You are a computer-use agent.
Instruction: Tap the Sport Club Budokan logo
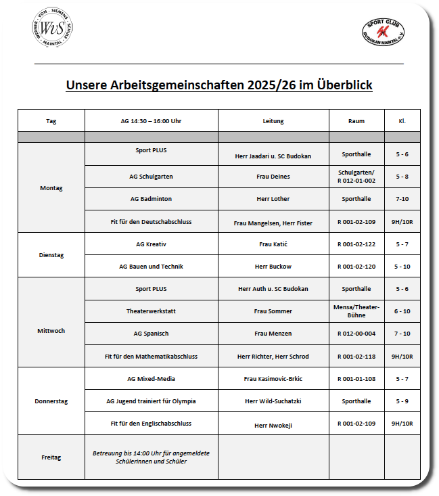pyautogui.click(x=384, y=31)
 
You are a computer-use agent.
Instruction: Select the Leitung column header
pyautogui.click(x=273, y=121)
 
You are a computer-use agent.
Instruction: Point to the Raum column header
pyautogui.click(x=356, y=121)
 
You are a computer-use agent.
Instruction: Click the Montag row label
pyautogui.click(x=51, y=187)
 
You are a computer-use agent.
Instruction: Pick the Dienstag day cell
pyautogui.click(x=51, y=255)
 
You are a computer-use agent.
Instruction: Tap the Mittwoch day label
pyautogui.click(x=51, y=331)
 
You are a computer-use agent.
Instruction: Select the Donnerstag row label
pyautogui.click(x=51, y=401)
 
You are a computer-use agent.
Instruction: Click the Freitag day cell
pyautogui.click(x=51, y=457)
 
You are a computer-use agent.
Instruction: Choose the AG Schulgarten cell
pyautogui.click(x=151, y=177)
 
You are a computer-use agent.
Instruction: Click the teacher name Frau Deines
pyautogui.click(x=273, y=177)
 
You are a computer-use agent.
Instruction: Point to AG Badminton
pyautogui.click(x=151, y=199)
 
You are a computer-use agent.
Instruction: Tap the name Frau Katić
pyautogui.click(x=273, y=244)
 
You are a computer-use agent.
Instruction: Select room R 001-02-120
pyautogui.click(x=356, y=267)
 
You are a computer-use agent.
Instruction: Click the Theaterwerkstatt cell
pyautogui.click(x=151, y=311)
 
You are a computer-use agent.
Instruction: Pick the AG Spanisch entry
pyautogui.click(x=151, y=334)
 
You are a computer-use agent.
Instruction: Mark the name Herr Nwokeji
pyautogui.click(x=273, y=426)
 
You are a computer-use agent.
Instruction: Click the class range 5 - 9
pyautogui.click(x=402, y=401)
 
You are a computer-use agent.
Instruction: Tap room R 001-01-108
pyautogui.click(x=356, y=379)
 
